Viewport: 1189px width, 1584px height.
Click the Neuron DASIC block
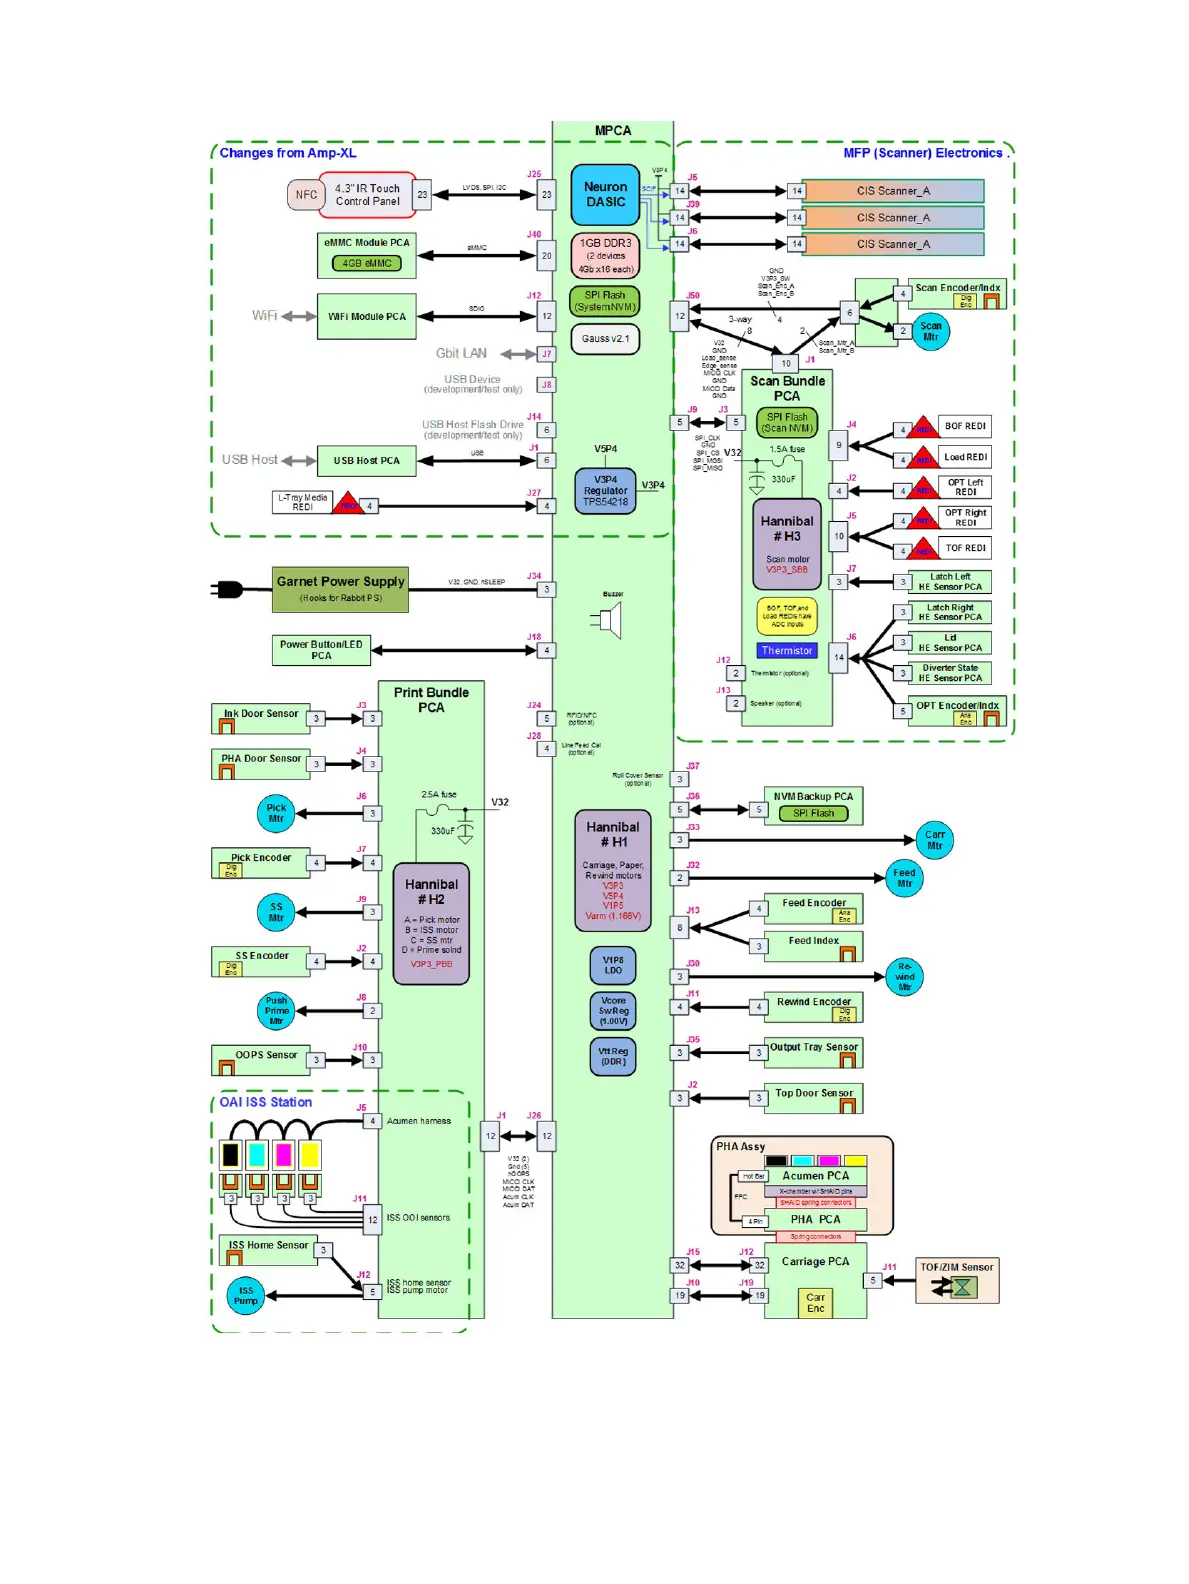tap(605, 194)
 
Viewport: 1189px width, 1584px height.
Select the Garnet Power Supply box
tap(340, 589)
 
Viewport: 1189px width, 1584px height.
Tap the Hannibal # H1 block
tap(613, 870)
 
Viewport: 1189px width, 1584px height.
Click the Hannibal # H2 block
tap(431, 923)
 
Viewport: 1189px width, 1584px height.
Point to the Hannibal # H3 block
tap(787, 544)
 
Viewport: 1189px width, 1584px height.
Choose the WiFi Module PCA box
tap(366, 316)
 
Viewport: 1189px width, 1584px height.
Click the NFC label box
tap(306, 195)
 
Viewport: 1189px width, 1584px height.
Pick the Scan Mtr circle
tap(930, 331)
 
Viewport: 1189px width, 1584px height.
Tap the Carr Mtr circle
tap(934, 840)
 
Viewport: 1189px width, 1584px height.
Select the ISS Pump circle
tap(246, 1295)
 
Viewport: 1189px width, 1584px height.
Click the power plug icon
tap(227, 589)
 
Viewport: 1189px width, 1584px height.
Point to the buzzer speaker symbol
tap(608, 621)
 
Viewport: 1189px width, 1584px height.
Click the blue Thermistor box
tap(787, 650)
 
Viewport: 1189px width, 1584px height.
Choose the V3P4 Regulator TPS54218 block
tap(605, 491)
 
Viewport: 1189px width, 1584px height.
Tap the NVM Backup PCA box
tap(812, 805)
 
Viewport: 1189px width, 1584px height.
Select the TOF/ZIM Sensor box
tap(956, 1280)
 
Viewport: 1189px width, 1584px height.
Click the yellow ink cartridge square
tap(310, 1155)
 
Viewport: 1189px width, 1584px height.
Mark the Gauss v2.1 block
tap(605, 338)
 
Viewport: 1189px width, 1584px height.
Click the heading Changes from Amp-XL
tap(288, 153)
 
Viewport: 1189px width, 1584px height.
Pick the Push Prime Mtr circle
tap(276, 1010)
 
